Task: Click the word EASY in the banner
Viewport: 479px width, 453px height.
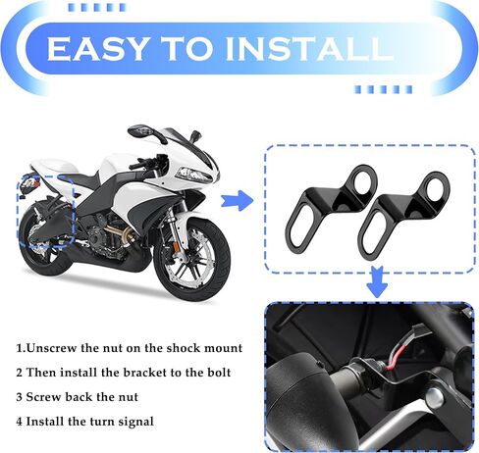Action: click(x=96, y=48)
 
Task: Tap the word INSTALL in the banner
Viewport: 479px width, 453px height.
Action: click(x=309, y=48)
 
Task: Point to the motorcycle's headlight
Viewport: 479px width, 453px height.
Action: click(x=193, y=174)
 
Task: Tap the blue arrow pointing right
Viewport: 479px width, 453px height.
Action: click(x=237, y=200)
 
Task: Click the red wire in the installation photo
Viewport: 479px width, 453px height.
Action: click(x=394, y=357)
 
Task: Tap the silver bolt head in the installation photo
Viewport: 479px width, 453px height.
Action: click(x=435, y=398)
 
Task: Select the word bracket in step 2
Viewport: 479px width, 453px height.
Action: click(x=143, y=373)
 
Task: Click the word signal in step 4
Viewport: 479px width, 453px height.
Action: click(x=135, y=422)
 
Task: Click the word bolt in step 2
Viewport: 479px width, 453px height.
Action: click(x=219, y=373)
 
